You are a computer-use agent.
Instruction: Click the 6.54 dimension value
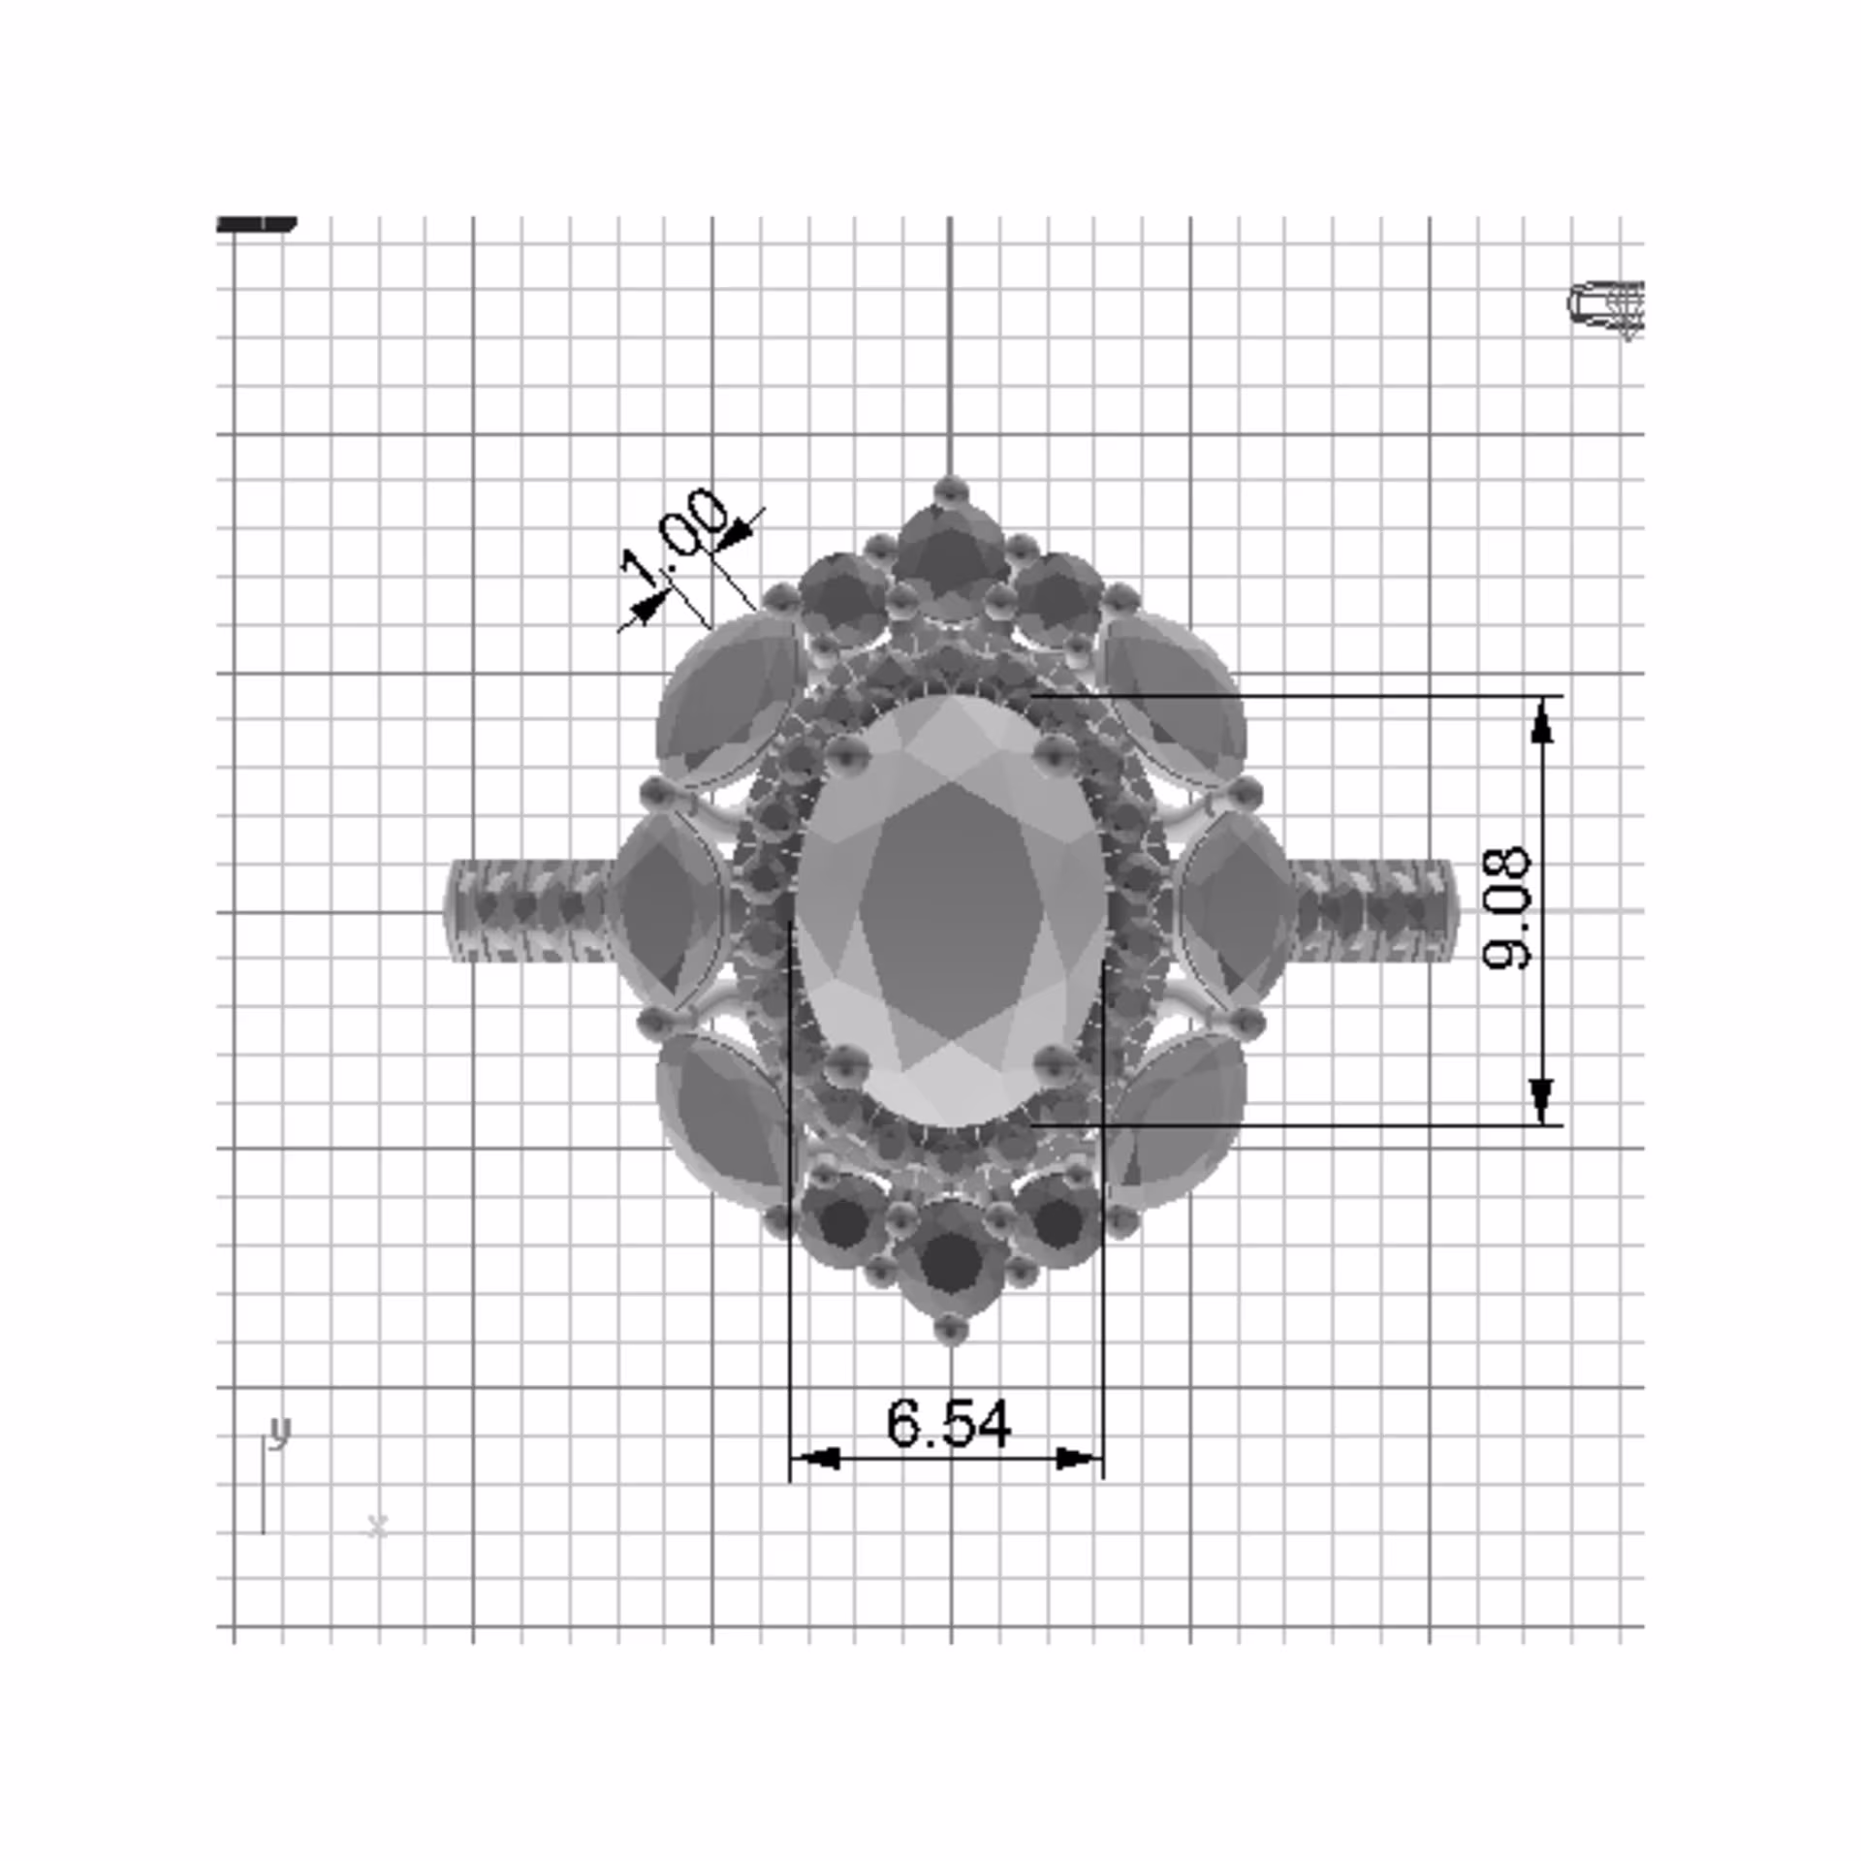pyautogui.click(x=948, y=1424)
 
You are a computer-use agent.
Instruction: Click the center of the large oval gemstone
pyautogui.click(x=951, y=911)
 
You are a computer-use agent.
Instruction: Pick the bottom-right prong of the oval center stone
pyautogui.click(x=1056, y=1062)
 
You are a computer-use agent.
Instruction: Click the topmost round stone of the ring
pyautogui.click(x=949, y=562)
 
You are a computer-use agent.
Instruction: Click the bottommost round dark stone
pyautogui.click(x=951, y=1261)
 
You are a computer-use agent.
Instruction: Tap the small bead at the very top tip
pyautogui.click(x=950, y=489)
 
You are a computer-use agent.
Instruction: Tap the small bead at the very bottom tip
pyautogui.click(x=950, y=1329)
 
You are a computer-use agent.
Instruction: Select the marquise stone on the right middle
pyautogui.click(x=1235, y=909)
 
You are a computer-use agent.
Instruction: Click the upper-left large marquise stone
pyautogui.click(x=725, y=700)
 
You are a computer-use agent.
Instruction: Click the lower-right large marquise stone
pyautogui.click(x=1177, y=1119)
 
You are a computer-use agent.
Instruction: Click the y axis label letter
pyautogui.click(x=279, y=1431)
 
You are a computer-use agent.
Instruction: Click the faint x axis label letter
pyautogui.click(x=378, y=1527)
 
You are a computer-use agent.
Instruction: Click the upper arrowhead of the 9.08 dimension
pyautogui.click(x=1542, y=721)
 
